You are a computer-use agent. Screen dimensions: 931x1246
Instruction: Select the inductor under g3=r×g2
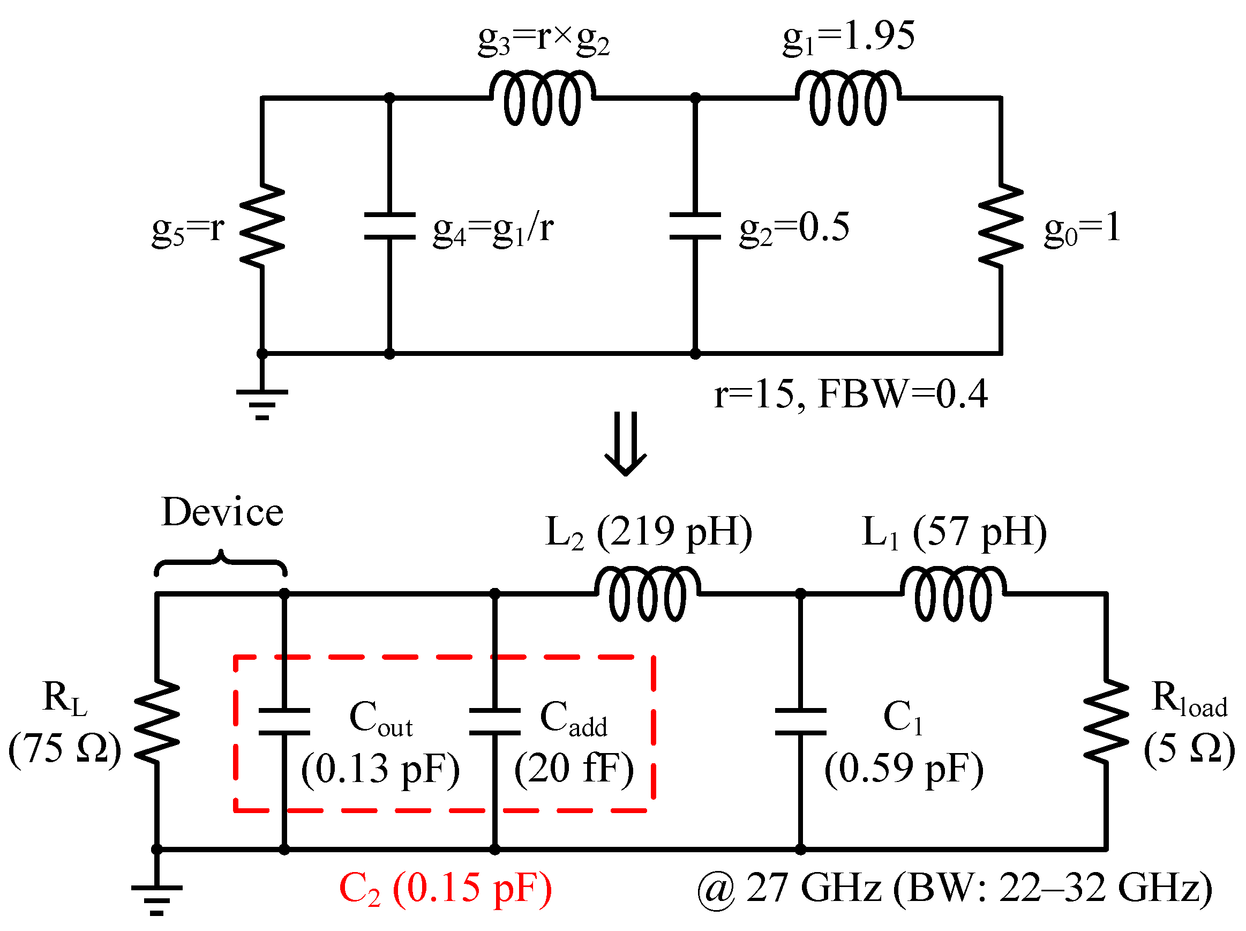click(542, 98)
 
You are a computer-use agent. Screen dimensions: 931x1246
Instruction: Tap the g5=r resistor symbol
click(262, 226)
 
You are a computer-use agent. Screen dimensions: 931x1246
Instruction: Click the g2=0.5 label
click(794, 229)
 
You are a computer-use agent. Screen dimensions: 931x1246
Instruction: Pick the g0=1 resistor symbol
click(1001, 226)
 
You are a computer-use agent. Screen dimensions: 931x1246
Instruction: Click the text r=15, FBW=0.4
click(851, 394)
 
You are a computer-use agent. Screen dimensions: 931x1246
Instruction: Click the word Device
click(222, 513)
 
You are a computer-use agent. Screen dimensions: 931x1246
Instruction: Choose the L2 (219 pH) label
click(648, 533)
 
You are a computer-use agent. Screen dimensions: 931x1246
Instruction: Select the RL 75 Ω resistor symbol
click(157, 721)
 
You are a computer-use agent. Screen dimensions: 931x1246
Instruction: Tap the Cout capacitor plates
click(284, 721)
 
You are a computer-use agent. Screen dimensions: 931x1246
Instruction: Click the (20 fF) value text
click(573, 769)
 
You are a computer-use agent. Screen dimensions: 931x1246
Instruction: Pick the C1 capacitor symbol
click(800, 721)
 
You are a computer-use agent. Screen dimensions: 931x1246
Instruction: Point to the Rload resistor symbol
click(1106, 721)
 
